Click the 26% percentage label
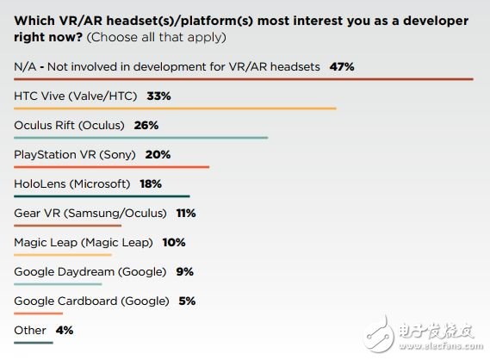[x=146, y=124]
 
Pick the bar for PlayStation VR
[x=112, y=167]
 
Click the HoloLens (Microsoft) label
[x=72, y=183]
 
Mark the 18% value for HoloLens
[x=150, y=183]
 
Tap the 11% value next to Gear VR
[x=186, y=212]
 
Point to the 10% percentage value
[x=174, y=242]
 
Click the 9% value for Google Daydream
[x=183, y=271]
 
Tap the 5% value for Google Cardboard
[x=187, y=301]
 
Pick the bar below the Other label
[x=33, y=343]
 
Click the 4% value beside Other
[x=64, y=330]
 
